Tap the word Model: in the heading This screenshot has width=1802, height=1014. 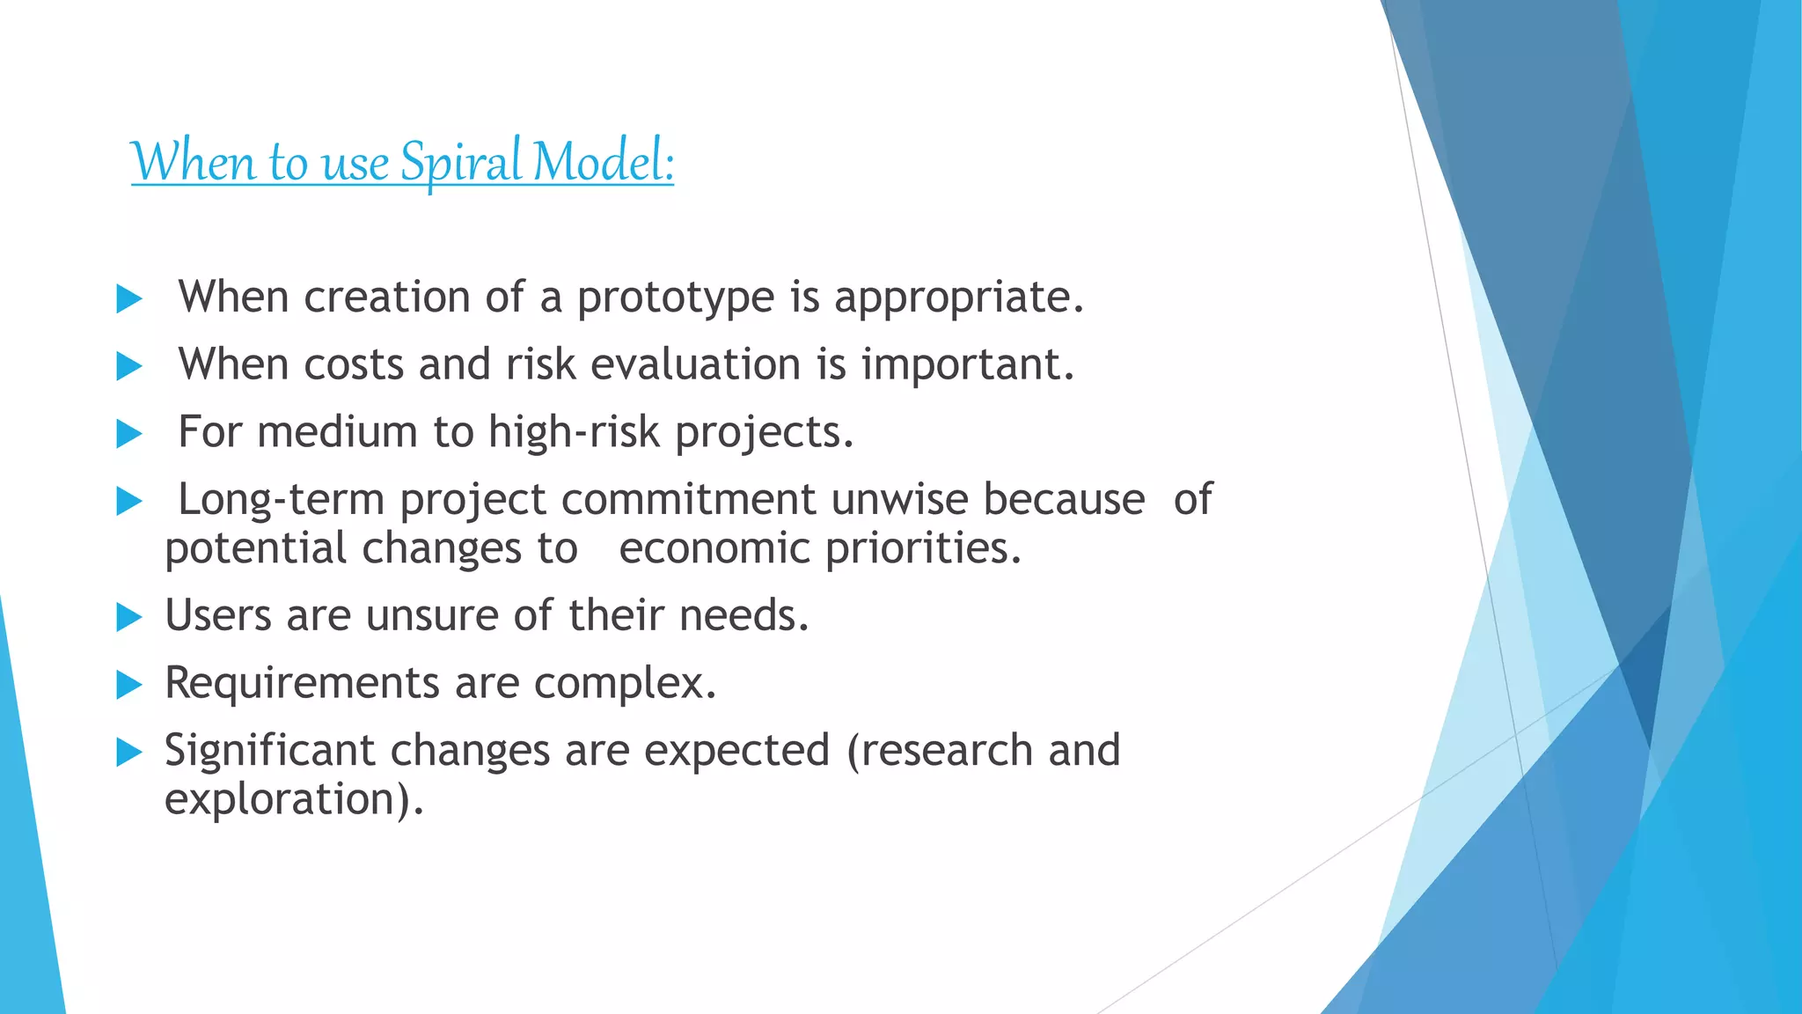[604, 163]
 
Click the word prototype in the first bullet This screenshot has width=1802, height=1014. [675, 298]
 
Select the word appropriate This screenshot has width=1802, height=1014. [958, 298]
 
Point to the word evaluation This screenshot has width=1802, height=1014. [695, 364]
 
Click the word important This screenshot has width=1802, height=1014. [967, 364]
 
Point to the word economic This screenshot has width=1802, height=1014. [714, 548]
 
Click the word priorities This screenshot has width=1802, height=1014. [923, 548]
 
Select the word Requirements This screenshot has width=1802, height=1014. [302, 683]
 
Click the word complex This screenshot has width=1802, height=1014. [625, 683]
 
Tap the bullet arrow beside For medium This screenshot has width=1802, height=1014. [129, 434]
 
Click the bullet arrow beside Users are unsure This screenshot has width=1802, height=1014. [129, 617]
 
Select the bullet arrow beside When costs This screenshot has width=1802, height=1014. [129, 366]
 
